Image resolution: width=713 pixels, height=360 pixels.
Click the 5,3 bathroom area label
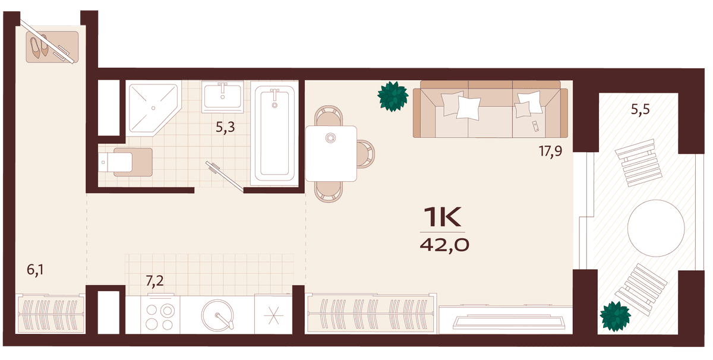click(x=225, y=127)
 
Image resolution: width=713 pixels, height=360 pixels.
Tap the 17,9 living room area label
click(x=550, y=151)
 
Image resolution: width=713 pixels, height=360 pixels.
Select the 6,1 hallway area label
click(x=35, y=270)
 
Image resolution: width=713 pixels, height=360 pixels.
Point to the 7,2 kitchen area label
click(x=154, y=281)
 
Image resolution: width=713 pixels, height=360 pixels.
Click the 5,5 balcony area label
click(x=640, y=109)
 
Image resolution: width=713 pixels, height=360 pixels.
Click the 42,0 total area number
click(x=444, y=245)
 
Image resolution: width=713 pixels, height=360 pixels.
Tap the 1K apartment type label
click(x=443, y=217)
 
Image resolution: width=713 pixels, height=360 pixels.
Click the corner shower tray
click(x=153, y=108)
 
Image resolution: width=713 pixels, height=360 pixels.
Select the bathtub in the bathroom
click(x=275, y=134)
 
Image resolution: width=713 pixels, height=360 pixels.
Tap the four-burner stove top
click(x=160, y=315)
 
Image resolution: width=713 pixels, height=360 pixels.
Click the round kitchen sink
click(x=217, y=315)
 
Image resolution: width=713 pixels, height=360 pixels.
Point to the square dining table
click(x=331, y=153)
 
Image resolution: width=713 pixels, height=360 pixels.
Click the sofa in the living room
click(x=490, y=109)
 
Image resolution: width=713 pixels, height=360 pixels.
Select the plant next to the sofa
click(x=393, y=96)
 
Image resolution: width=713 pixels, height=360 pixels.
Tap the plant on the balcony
click(x=616, y=317)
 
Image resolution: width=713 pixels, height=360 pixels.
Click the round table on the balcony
click(x=656, y=228)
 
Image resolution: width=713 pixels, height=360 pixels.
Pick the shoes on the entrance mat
click(x=39, y=46)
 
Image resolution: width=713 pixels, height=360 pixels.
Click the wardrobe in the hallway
click(x=51, y=314)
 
